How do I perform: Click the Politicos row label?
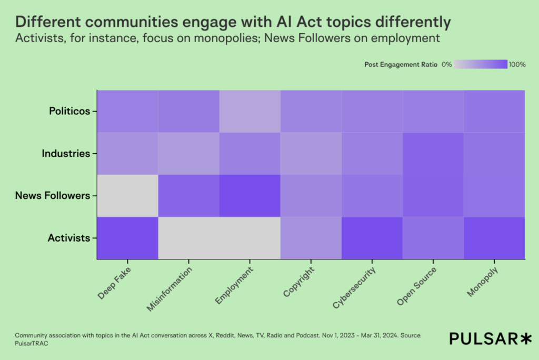pos(69,111)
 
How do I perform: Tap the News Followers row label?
pos(53,195)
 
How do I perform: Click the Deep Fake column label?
pos(113,283)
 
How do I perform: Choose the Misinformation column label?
pos(169,288)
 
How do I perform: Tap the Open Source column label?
pos(416,285)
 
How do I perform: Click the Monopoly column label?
pos(482,282)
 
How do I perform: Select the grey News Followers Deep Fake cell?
pos(127,195)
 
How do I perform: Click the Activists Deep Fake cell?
pos(127,237)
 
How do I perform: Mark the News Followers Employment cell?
pos(249,195)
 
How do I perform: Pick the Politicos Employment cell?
pos(249,111)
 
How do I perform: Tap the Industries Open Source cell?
pos(433,153)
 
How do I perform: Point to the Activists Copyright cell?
pos(311,237)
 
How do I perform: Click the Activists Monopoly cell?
pos(494,237)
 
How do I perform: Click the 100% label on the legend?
pos(517,64)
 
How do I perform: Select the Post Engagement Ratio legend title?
pos(401,64)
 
